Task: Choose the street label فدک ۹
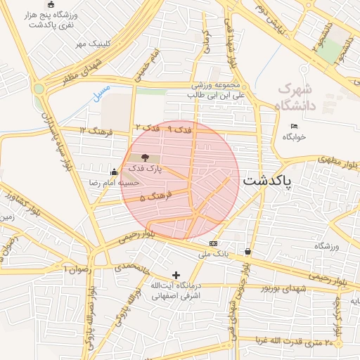coord(181,129)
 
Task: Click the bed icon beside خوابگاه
coord(294,126)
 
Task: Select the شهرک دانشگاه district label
coord(297,98)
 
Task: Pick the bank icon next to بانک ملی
coord(213,243)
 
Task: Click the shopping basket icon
coord(247,251)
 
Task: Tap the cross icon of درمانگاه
coord(176,275)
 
